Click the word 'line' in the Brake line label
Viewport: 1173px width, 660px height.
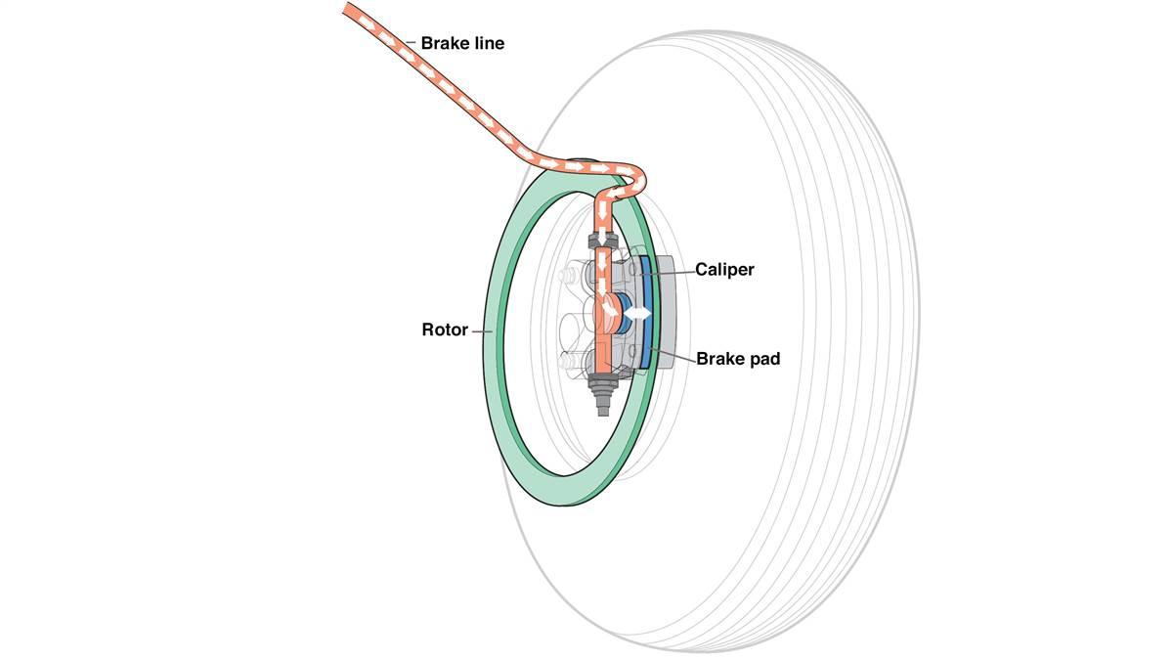[488, 43]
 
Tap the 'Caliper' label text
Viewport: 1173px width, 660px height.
[724, 269]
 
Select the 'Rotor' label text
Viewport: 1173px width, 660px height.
[446, 330]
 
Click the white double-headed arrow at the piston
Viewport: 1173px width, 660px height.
[637, 313]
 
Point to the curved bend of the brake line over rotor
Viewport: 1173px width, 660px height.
[635, 176]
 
